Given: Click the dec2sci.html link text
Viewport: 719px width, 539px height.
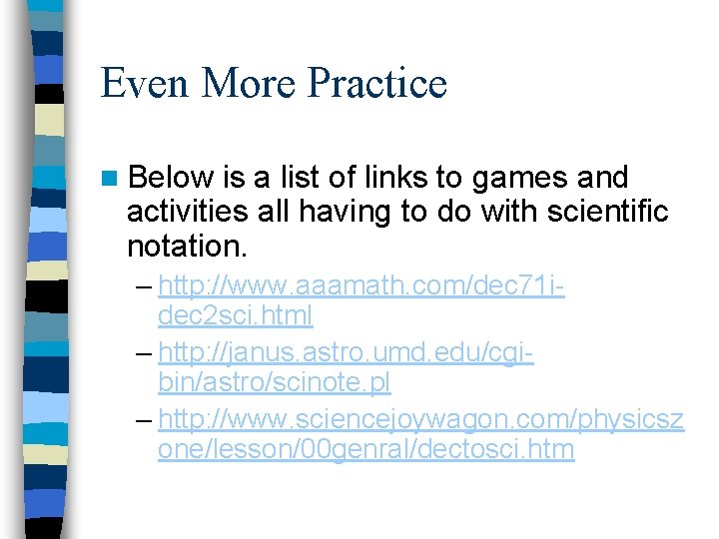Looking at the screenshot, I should pos(235,315).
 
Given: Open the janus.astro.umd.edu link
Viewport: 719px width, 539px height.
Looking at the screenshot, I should pos(346,352).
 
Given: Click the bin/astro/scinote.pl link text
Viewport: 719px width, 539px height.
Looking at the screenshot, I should pos(274,382).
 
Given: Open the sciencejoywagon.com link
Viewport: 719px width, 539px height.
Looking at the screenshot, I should pos(420,419).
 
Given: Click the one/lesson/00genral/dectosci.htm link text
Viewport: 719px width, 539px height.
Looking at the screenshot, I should pos(365,449).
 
